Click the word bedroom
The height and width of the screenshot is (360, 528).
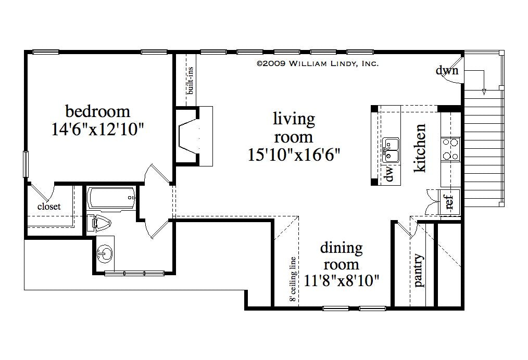coord(97,111)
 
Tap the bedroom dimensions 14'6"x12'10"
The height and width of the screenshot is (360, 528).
coord(97,129)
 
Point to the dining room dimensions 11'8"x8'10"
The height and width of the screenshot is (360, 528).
coord(341,281)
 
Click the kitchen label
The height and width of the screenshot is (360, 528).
coord(419,148)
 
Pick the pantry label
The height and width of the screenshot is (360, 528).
coord(419,271)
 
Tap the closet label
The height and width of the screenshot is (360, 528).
coord(49,207)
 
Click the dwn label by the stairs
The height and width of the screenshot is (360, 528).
coord(447,70)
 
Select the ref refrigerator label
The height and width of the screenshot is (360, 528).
coord(449,201)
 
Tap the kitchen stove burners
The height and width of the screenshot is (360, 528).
coord(450,148)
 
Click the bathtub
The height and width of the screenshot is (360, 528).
coord(111,198)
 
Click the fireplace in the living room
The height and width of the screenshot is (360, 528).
coord(190,136)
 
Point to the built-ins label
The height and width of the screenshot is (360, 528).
coord(191,81)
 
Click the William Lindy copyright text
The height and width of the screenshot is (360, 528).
coord(317,63)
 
